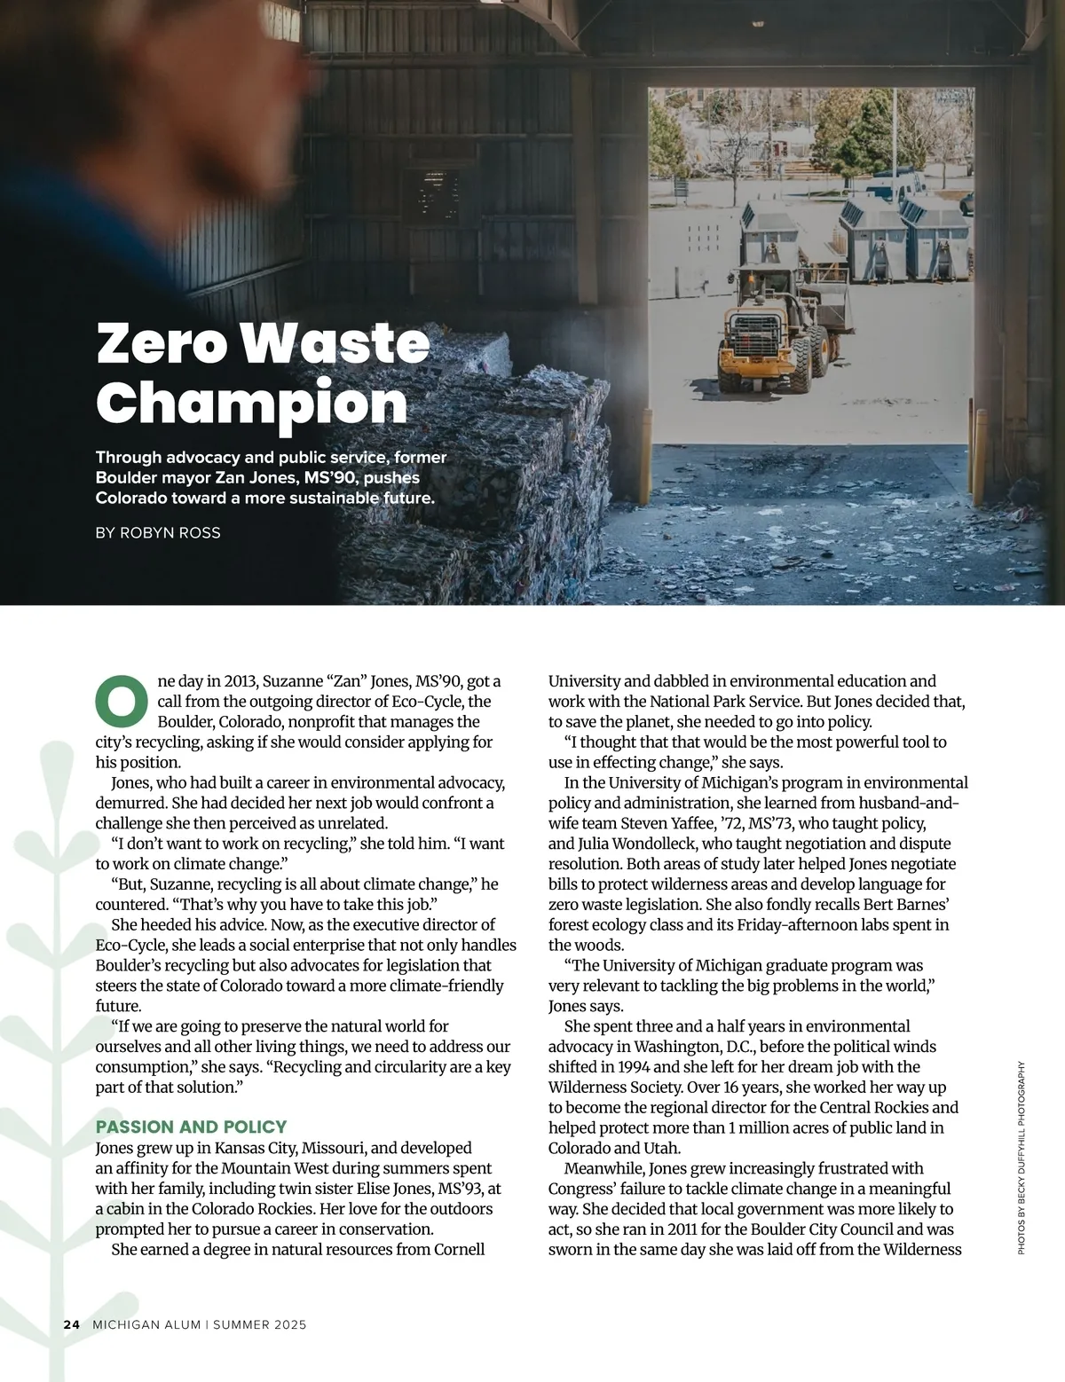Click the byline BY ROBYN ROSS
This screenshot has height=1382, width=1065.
pyautogui.click(x=158, y=533)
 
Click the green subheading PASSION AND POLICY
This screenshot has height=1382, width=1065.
pyautogui.click(x=191, y=1127)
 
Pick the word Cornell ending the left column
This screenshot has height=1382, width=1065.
pyautogui.click(x=459, y=1250)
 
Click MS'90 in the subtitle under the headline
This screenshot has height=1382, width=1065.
pyautogui.click(x=332, y=478)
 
